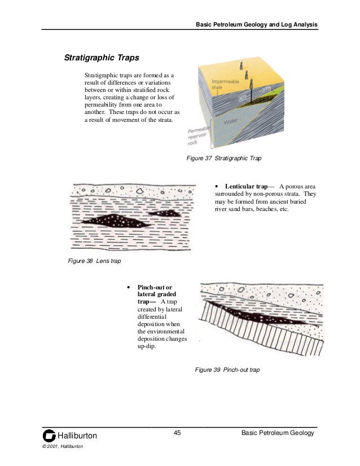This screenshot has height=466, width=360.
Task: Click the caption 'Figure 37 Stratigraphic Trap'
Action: click(x=224, y=159)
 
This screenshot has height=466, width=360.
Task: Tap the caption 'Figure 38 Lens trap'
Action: click(x=94, y=261)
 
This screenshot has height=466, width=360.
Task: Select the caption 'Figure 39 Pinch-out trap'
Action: click(x=227, y=370)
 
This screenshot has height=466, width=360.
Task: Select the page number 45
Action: click(x=177, y=433)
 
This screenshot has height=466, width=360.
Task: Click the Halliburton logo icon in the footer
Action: click(x=50, y=436)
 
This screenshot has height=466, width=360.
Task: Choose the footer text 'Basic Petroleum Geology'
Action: click(x=276, y=433)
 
